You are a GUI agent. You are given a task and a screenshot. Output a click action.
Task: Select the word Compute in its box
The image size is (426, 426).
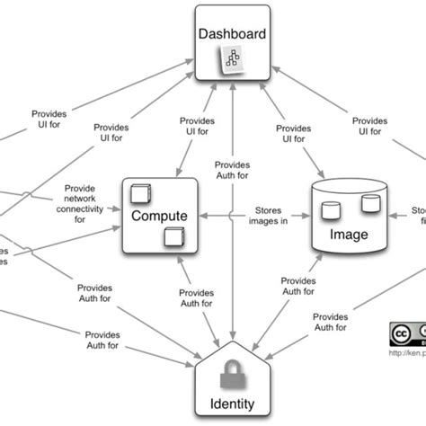pos(160,217)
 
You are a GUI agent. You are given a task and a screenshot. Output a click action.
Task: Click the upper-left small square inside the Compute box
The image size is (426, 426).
pos(139,193)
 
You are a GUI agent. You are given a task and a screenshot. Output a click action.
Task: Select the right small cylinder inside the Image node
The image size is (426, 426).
pos(369,204)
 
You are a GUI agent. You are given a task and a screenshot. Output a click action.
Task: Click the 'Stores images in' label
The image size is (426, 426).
pos(271,217)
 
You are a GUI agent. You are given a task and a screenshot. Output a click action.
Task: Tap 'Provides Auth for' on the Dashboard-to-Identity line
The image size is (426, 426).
pos(233,170)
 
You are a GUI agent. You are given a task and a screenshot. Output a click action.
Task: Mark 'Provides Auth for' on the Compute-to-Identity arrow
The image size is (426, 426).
pos(196,298)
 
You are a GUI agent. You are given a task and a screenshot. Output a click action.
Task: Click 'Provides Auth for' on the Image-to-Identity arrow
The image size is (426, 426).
pos(299,286)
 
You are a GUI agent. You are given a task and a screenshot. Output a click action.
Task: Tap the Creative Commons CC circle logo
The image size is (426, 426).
pos(400,333)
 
